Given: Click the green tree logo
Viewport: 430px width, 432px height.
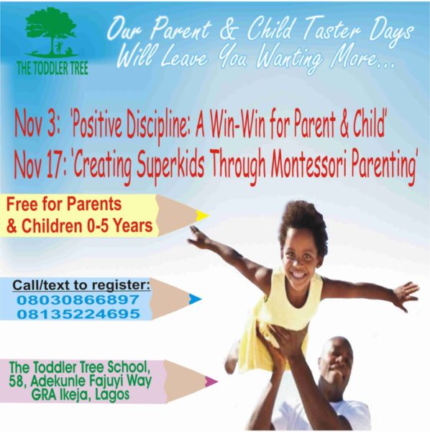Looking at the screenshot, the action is (51, 31).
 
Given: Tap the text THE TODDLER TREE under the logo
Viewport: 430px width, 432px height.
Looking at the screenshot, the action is (52, 68).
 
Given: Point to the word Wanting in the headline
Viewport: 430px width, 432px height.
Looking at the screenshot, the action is (289, 59).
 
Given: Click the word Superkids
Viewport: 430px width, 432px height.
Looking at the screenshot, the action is (170, 166).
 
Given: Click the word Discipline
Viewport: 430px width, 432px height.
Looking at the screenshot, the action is (157, 127).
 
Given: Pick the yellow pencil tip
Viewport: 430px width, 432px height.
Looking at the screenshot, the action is (202, 215).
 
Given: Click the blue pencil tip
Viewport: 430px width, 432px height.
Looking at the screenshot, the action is (195, 300).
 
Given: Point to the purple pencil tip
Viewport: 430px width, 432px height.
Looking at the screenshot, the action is (211, 381).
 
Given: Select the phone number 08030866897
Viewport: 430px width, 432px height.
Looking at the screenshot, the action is (78, 300).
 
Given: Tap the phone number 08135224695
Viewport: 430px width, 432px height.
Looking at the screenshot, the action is (78, 314).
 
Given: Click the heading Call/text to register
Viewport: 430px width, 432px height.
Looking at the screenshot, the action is (81, 285).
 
